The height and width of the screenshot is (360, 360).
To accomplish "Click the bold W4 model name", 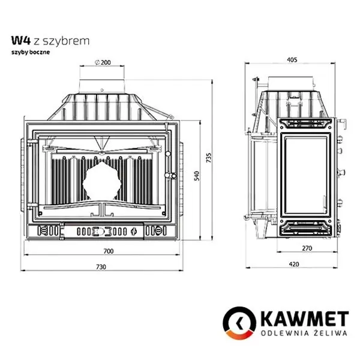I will point(19,41).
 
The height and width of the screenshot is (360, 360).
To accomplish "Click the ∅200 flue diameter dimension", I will point(103,62).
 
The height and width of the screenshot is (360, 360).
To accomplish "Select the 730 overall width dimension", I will point(101,266).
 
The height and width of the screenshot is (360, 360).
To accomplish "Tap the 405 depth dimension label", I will point(293,59).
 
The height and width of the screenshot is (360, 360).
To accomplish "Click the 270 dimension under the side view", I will point(306,248).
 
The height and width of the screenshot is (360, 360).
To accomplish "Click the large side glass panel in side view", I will point(305,175).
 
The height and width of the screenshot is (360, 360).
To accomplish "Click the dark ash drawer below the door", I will point(102,230).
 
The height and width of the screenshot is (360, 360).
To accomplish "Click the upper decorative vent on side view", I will point(305,124).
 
